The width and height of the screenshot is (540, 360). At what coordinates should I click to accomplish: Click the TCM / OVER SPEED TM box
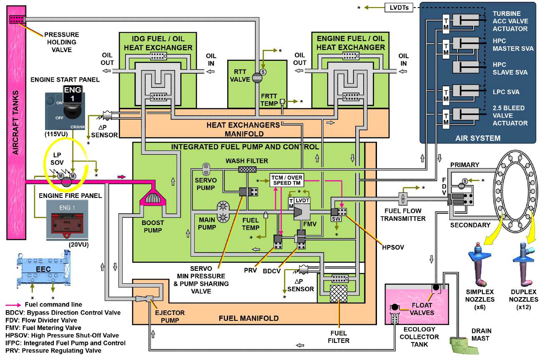tap(286, 180)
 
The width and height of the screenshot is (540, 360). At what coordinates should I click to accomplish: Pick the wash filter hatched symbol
tap(247, 169)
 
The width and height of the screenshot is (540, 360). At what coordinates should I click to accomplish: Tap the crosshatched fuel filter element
tap(338, 294)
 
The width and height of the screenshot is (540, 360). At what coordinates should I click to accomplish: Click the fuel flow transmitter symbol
tap(403, 199)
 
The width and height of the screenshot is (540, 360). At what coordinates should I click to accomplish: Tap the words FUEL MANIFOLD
tap(249, 318)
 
